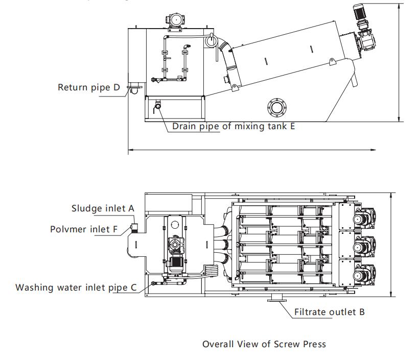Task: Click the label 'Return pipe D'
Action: pos(88,87)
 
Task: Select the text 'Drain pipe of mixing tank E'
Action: pos(233,126)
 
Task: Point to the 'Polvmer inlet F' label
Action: pos(84,229)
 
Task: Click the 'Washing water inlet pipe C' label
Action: pos(76,287)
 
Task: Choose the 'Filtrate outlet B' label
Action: pos(329,311)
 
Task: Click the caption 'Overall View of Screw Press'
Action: pos(264,344)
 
